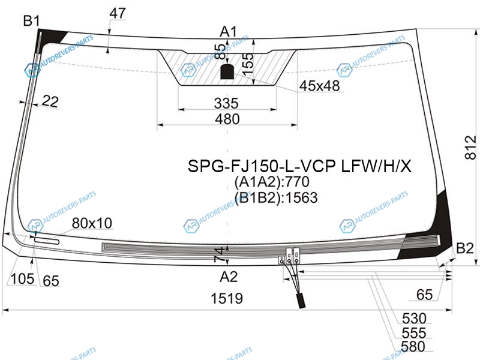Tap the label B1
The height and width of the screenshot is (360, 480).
point(31,22)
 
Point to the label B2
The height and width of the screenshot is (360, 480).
point(465,248)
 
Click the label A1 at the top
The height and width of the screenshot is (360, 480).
point(229,31)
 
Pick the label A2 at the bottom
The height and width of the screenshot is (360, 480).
point(229,277)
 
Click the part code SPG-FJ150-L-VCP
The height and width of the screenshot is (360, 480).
point(263,166)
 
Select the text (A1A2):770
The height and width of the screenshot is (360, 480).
point(275,182)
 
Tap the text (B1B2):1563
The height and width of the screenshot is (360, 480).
point(275,197)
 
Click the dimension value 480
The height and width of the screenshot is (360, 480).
point(227,119)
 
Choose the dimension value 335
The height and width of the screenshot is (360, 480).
point(226,103)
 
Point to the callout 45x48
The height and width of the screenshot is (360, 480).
point(320,86)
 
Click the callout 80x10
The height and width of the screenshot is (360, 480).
point(92,223)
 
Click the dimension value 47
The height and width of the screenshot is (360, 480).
point(118,13)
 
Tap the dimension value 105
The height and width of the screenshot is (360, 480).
point(22,279)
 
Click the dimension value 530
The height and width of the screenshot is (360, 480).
point(413,319)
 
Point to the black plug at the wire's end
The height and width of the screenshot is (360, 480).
point(299,300)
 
